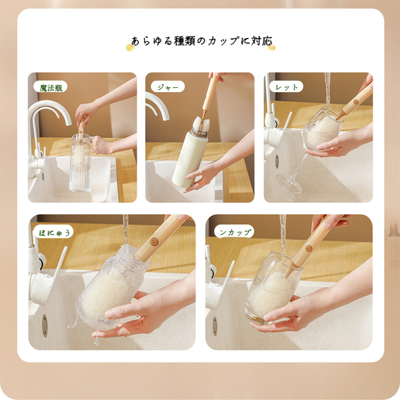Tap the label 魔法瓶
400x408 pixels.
[51, 87]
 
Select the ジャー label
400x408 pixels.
[167, 87]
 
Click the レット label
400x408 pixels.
[286, 87]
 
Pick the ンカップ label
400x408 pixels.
[234, 232]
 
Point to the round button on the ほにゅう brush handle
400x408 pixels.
[154, 242]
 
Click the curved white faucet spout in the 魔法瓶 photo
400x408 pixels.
[50, 108]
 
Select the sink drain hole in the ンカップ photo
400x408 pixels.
[214, 326]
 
